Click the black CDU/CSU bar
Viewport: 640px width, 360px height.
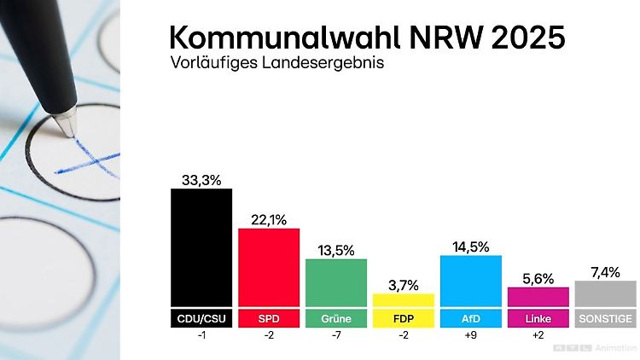click(201, 247)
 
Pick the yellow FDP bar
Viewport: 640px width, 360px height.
click(404, 300)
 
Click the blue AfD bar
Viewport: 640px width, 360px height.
click(471, 281)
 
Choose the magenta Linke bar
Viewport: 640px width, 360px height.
click(538, 297)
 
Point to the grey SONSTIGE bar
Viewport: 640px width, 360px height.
click(605, 293)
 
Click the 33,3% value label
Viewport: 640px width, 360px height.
click(201, 179)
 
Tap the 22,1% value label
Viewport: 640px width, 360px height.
click(269, 219)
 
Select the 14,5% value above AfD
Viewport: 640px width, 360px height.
click(471, 247)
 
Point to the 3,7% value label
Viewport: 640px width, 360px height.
click(404, 285)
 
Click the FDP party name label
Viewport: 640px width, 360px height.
click(404, 319)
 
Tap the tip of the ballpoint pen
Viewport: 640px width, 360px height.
click(66, 132)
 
